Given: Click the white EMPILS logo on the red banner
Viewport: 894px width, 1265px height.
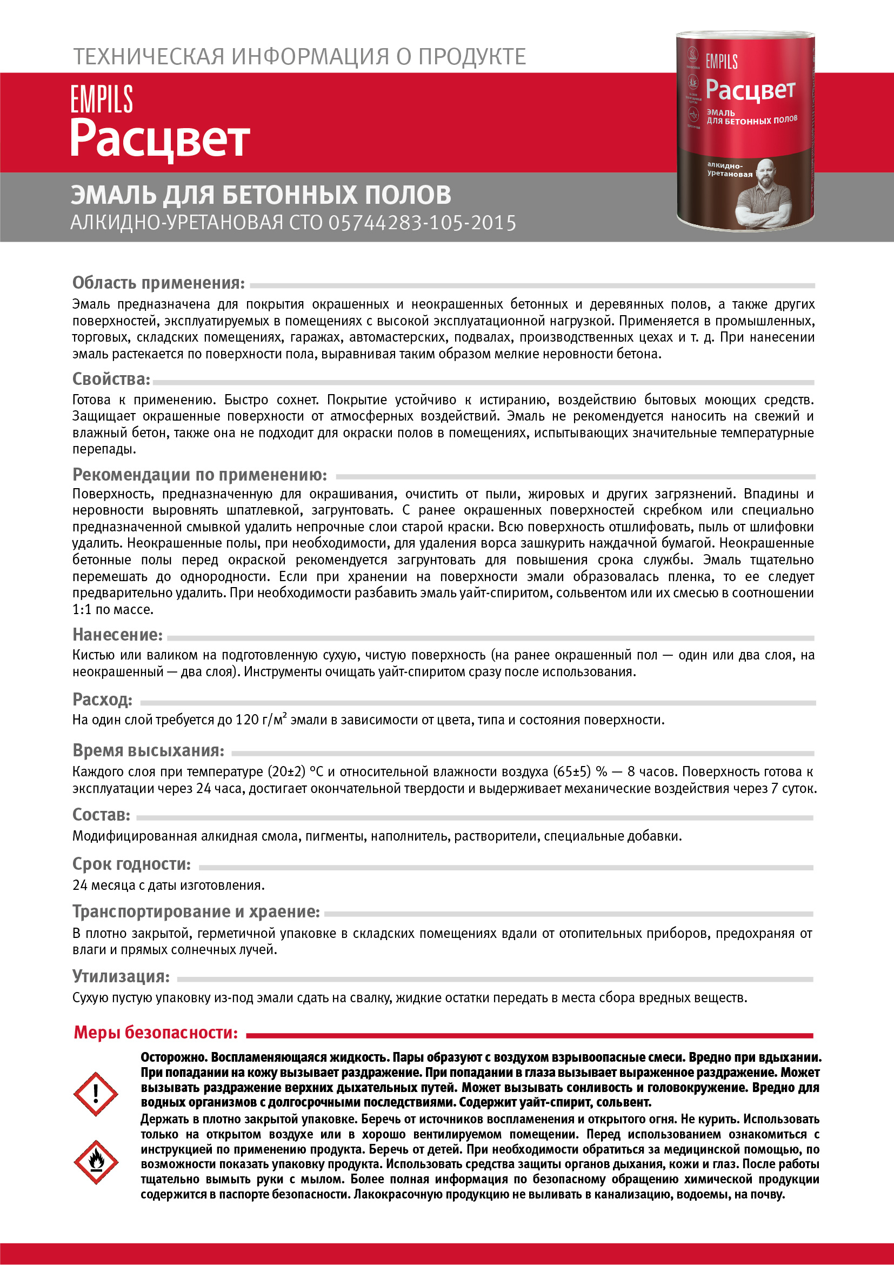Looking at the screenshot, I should (x=102, y=99).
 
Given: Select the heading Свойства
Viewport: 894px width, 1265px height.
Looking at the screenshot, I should (x=111, y=379).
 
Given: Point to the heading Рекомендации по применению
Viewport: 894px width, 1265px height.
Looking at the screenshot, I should (x=200, y=475).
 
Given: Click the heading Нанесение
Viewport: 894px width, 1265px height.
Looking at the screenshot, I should (x=118, y=635).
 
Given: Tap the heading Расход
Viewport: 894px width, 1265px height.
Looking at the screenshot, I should (x=103, y=699).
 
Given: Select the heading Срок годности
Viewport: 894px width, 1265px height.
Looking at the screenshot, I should (x=132, y=864).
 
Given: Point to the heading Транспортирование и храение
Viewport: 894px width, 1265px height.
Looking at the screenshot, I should (x=196, y=911).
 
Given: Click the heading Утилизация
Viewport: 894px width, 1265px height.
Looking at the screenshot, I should (x=121, y=976).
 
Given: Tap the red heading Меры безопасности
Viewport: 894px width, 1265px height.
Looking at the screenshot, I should (x=156, y=1032).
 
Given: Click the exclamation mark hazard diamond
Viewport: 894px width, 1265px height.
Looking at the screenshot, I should (x=96, y=1094).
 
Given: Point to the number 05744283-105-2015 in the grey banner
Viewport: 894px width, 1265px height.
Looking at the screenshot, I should (x=423, y=223).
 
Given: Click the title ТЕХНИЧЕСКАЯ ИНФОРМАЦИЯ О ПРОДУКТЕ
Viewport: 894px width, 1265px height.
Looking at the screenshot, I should (x=299, y=57).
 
